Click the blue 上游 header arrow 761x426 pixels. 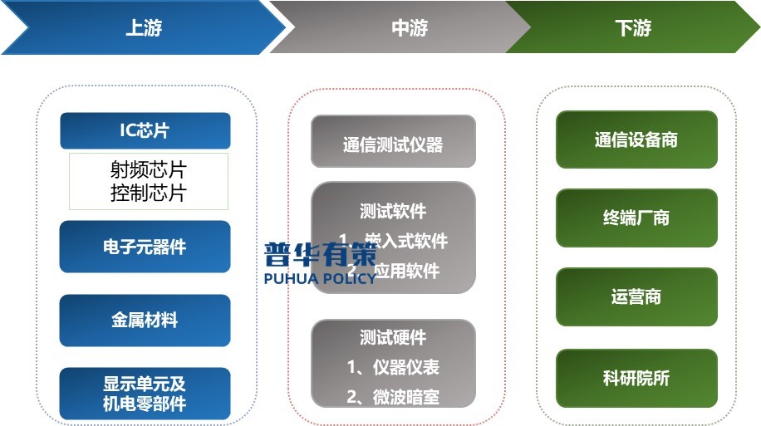(x=143, y=28)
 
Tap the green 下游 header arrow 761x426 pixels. (x=633, y=28)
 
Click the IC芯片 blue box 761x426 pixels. (x=145, y=130)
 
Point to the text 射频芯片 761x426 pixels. (x=149, y=169)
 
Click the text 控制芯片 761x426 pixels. (x=149, y=193)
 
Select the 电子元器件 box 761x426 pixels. (x=145, y=247)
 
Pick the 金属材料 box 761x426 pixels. (x=145, y=321)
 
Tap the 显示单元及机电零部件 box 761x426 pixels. (x=145, y=394)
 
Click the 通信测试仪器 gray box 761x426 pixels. (x=393, y=144)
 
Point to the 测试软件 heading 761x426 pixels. (x=393, y=211)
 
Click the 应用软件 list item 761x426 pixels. (x=405, y=271)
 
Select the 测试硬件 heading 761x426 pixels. (x=393, y=337)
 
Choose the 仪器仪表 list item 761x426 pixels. (x=393, y=366)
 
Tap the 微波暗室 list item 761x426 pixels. (x=393, y=396)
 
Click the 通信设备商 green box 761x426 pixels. (x=636, y=140)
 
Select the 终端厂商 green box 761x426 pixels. (x=636, y=218)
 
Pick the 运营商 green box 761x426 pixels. (x=636, y=296)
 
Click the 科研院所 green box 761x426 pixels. (x=636, y=378)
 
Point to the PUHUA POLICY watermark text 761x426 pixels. (x=320, y=277)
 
